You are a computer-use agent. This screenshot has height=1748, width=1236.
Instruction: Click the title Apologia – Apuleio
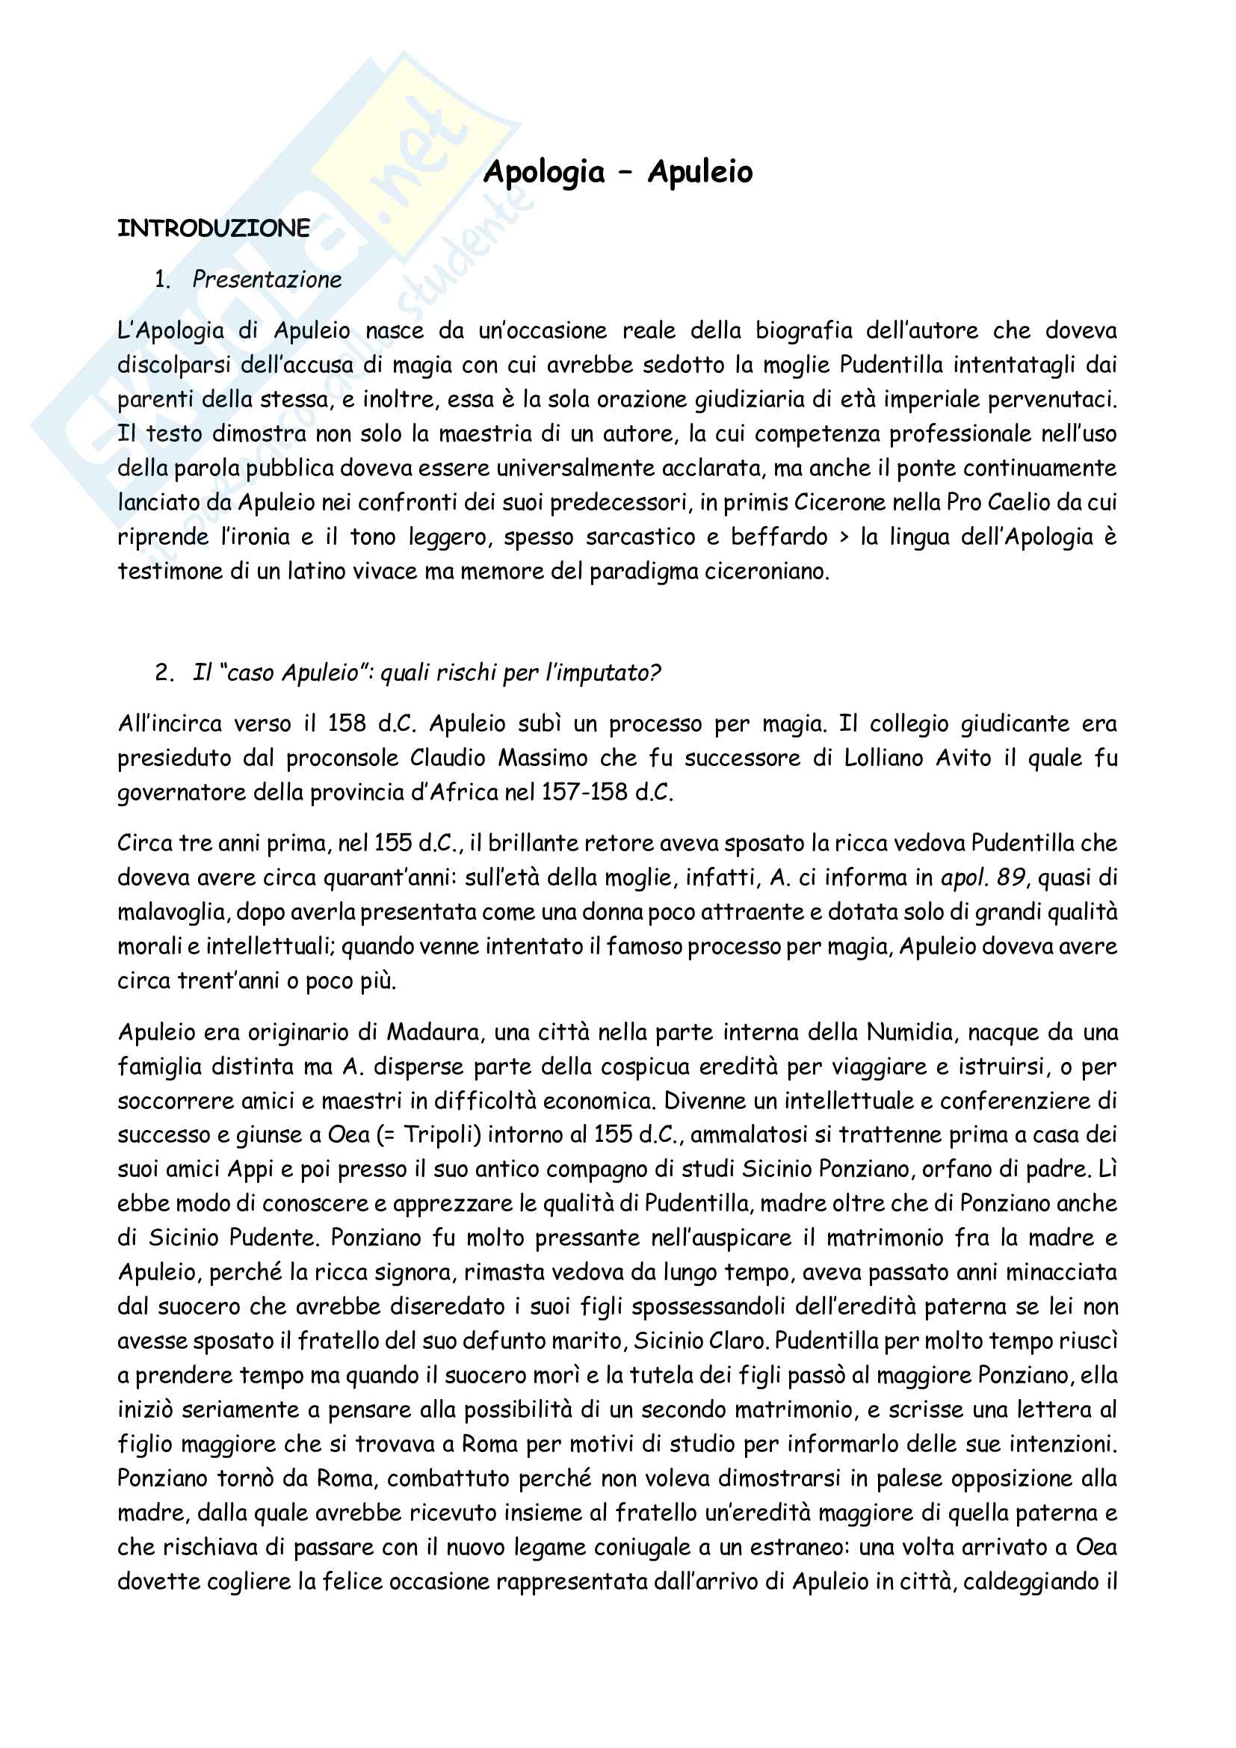point(617,172)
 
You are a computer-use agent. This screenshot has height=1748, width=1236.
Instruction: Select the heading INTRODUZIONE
point(214,229)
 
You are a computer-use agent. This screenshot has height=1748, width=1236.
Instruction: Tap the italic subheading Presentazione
point(266,280)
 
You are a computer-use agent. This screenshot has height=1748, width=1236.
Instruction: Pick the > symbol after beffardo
point(843,537)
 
